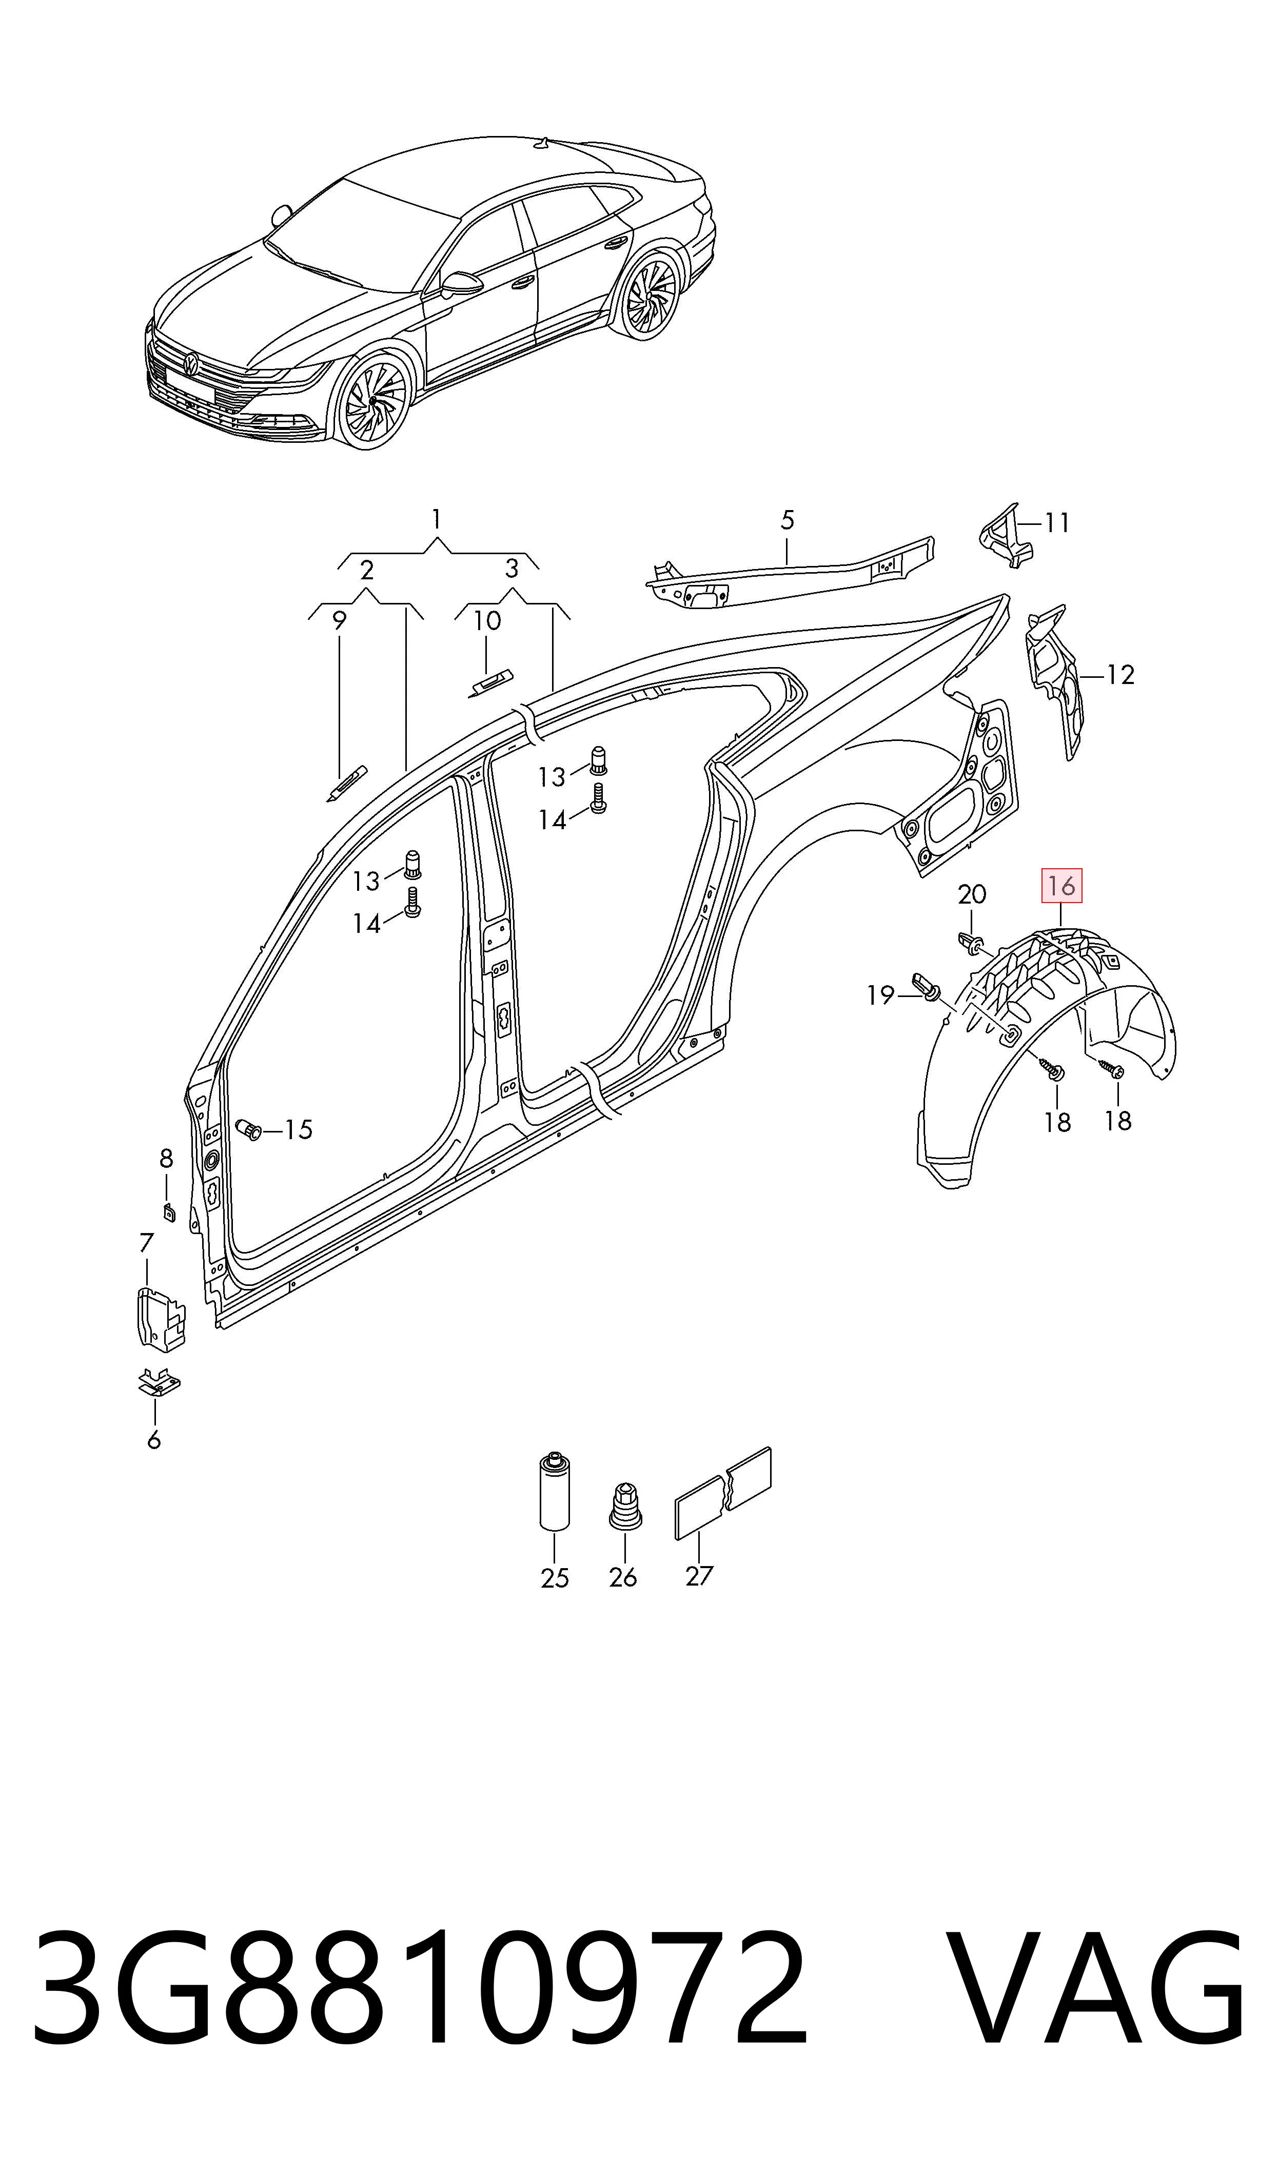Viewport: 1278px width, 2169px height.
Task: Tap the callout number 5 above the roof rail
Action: [787, 520]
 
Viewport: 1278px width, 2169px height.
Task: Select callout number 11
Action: [1057, 523]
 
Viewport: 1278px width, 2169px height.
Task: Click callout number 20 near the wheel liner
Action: [972, 894]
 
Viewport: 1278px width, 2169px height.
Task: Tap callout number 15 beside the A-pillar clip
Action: [298, 1130]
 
